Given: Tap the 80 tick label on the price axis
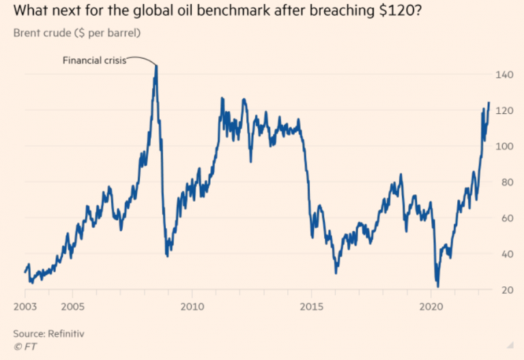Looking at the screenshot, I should tap(504, 182).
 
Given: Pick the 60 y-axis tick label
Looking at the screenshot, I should tap(504, 218).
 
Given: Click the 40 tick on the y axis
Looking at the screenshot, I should tap(504, 254).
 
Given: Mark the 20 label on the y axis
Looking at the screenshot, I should tap(504, 290).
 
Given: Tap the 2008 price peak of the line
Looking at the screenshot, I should tap(156, 66).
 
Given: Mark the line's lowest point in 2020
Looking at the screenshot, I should tap(437, 286).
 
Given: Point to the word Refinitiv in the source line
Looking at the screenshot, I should tap(70, 334).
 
